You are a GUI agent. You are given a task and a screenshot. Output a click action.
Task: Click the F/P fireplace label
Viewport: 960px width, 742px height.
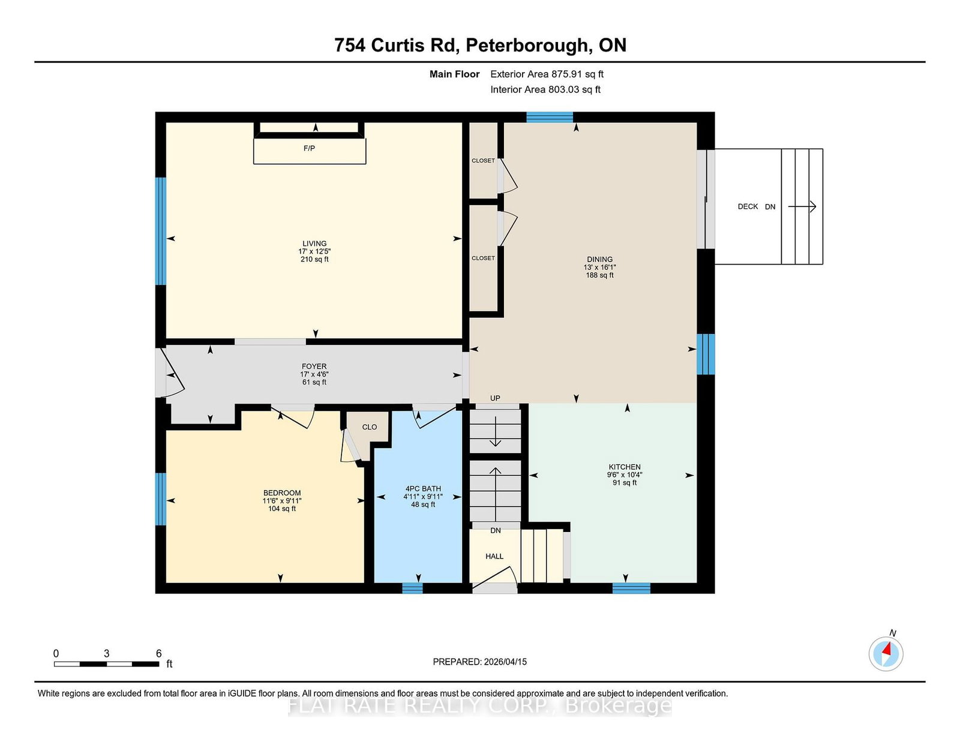pos(309,148)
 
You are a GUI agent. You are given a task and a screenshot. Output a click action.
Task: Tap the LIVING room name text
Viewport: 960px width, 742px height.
pos(314,244)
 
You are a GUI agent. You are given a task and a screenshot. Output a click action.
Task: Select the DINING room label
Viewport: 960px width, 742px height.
pos(599,259)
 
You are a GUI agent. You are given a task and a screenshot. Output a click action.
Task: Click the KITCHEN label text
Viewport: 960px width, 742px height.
pos(625,467)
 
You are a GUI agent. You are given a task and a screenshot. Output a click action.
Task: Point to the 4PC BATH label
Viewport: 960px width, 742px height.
pos(423,488)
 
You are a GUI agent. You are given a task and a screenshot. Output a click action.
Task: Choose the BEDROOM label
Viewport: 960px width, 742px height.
pos(281,492)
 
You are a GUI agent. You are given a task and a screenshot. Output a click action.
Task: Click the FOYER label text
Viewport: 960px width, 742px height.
pos(314,366)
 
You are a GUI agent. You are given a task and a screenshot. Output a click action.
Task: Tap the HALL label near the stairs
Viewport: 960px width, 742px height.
pos(494,556)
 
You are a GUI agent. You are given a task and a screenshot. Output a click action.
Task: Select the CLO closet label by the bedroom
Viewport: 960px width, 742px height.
pos(370,427)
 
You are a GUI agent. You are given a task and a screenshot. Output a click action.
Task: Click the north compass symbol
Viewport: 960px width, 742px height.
pos(886,653)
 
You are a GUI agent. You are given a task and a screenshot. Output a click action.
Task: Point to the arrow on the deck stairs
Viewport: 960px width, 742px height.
pos(802,207)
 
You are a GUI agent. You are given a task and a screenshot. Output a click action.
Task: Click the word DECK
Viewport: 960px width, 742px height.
pos(748,206)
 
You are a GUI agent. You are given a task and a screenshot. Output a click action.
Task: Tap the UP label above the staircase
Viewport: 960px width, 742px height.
pos(495,398)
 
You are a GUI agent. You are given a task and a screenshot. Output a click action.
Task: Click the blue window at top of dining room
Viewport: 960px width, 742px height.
pos(550,117)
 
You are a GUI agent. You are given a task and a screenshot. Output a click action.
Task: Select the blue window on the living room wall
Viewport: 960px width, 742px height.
pos(160,231)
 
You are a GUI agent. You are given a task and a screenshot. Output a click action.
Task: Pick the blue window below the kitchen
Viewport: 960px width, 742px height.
pos(631,588)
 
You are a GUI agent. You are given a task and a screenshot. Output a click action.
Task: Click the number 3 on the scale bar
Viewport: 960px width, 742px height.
pos(107,653)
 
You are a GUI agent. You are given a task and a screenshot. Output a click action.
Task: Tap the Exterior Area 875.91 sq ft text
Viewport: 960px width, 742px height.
pos(547,74)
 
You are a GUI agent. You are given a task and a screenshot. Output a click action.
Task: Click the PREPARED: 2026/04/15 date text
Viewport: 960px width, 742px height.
pos(479,662)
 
